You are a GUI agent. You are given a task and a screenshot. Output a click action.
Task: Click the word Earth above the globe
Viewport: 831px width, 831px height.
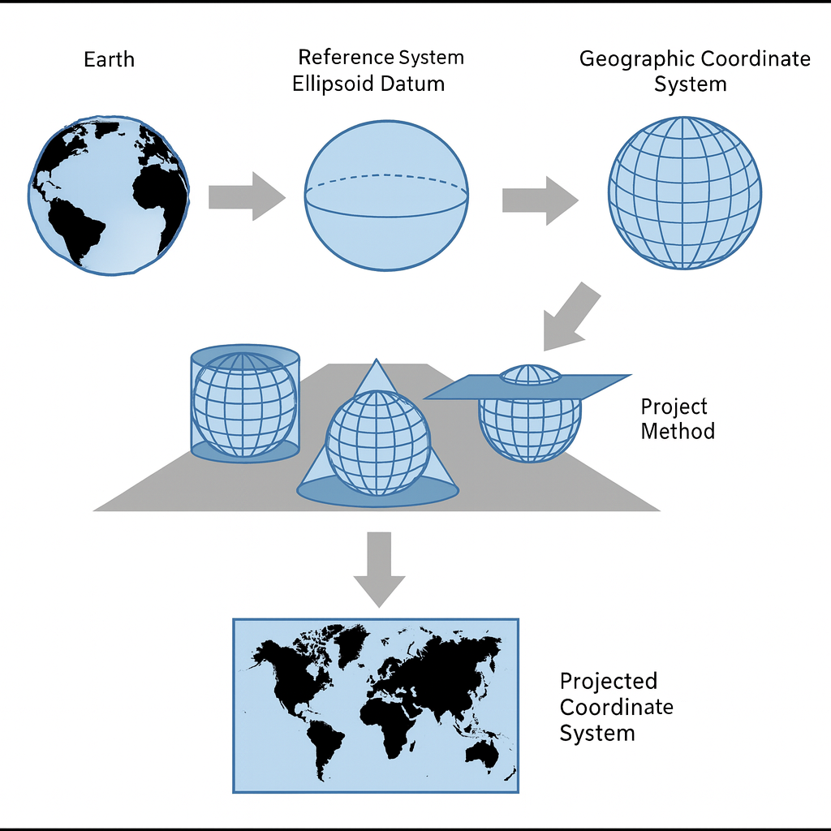point(109,59)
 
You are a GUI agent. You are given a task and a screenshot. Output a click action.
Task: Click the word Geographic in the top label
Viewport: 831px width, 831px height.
point(636,59)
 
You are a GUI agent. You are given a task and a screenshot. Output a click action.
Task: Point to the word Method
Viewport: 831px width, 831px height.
point(678,430)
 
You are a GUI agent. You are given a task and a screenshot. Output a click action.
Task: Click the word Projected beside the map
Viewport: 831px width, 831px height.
point(609,681)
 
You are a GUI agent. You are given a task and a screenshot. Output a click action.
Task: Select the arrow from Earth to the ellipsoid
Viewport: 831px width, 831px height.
point(246,196)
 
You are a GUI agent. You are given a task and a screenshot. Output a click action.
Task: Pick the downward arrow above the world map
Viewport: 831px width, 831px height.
point(379,568)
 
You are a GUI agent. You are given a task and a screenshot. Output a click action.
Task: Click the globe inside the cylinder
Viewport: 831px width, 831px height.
point(244,403)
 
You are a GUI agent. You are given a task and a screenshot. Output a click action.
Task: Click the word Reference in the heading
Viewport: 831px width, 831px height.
point(345,58)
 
